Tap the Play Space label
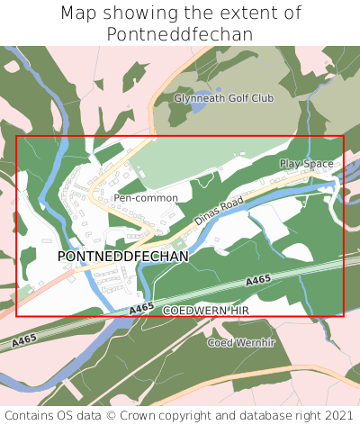[306, 164]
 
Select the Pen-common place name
[146, 197]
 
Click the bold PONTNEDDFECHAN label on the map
[123, 257]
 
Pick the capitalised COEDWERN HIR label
[205, 310]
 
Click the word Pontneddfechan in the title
[179, 34]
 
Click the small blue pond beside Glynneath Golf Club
[197, 106]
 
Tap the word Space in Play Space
[319, 164]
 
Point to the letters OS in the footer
[73, 415]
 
